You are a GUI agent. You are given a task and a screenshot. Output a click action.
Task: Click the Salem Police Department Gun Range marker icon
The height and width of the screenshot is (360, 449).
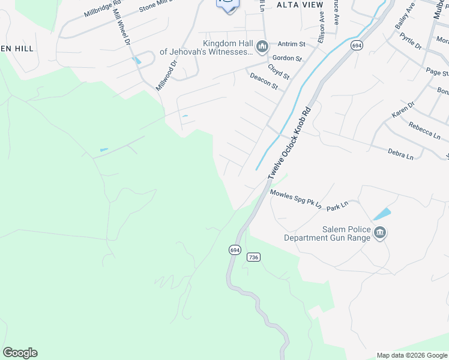(x=379, y=233)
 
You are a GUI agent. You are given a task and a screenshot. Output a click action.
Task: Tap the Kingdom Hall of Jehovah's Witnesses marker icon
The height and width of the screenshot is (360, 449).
(x=262, y=47)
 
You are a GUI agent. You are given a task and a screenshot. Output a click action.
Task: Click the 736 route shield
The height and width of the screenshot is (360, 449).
(x=253, y=257)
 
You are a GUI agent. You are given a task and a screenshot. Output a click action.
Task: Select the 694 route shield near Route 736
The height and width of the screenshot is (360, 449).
(x=234, y=249)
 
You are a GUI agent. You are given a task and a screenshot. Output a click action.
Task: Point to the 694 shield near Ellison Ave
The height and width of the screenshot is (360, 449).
(x=357, y=46)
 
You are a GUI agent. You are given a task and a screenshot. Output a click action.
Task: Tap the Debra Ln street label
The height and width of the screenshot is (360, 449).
(x=400, y=154)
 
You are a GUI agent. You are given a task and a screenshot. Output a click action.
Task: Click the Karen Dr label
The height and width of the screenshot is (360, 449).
(x=403, y=110)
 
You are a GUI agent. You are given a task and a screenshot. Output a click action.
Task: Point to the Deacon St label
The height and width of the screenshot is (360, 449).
(x=264, y=82)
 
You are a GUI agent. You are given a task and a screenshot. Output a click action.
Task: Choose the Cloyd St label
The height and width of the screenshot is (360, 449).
(x=280, y=71)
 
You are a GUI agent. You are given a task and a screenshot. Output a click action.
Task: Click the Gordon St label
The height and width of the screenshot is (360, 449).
(x=286, y=58)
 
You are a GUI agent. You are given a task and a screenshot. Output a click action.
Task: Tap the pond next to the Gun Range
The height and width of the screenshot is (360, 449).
(x=382, y=214)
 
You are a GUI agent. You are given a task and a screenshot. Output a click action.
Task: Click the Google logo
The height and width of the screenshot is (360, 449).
(x=20, y=353)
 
